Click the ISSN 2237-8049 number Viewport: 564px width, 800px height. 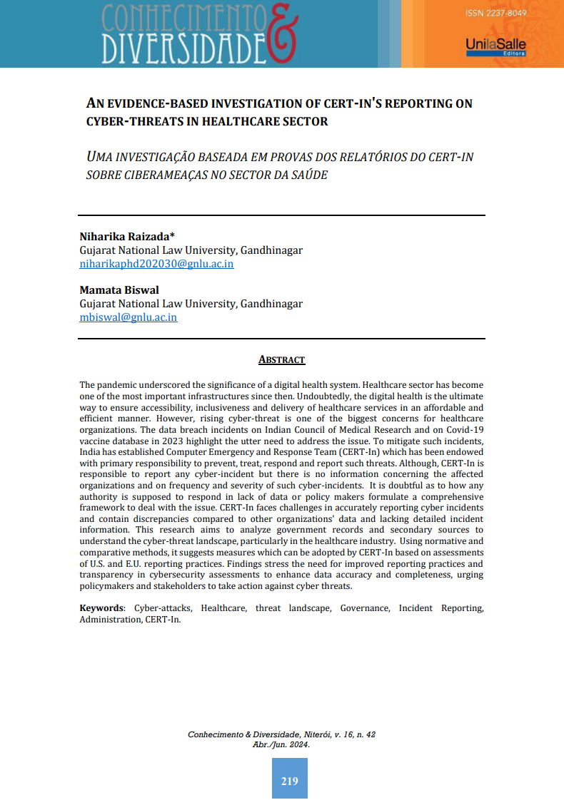click(x=500, y=14)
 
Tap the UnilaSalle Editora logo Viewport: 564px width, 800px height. click(x=495, y=47)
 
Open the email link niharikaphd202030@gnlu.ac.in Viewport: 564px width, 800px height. click(x=156, y=264)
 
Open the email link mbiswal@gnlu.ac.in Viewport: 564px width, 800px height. click(x=129, y=317)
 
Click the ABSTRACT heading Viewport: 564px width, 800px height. click(x=281, y=360)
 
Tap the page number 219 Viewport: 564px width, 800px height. click(x=289, y=781)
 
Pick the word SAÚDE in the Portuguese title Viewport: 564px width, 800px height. click(x=309, y=175)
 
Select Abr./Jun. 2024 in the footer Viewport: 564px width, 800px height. click(x=281, y=744)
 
